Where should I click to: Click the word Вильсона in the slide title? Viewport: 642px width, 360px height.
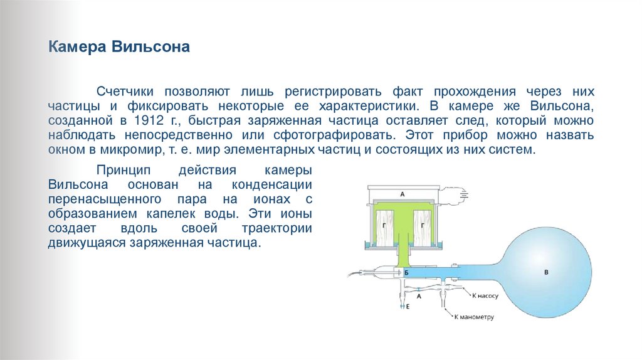click(151, 48)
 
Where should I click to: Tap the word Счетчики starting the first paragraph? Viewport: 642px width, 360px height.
click(125, 91)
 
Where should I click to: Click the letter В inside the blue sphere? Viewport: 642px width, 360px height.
click(545, 272)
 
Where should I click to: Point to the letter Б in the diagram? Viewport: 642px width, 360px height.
click(406, 273)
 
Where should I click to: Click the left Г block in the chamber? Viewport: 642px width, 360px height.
click(382, 223)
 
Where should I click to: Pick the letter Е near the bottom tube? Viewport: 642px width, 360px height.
click(408, 307)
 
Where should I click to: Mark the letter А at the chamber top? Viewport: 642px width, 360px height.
click(403, 194)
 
